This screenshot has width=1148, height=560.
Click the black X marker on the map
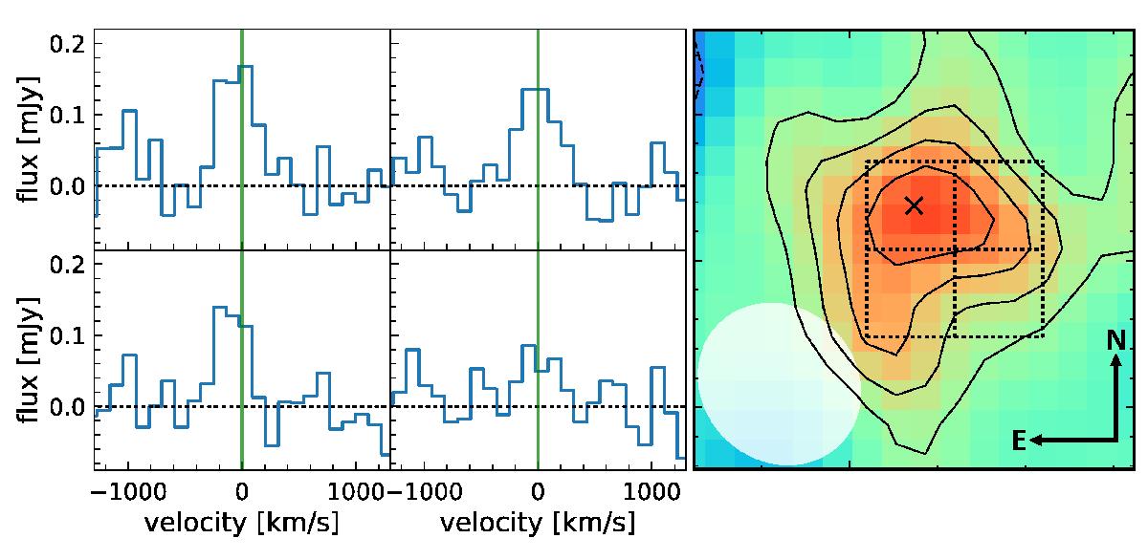coord(914,205)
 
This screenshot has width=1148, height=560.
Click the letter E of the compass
coord(1019,441)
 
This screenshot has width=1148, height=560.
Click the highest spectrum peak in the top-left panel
coord(244,66)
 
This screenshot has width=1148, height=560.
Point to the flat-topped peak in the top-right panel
coord(536,89)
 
